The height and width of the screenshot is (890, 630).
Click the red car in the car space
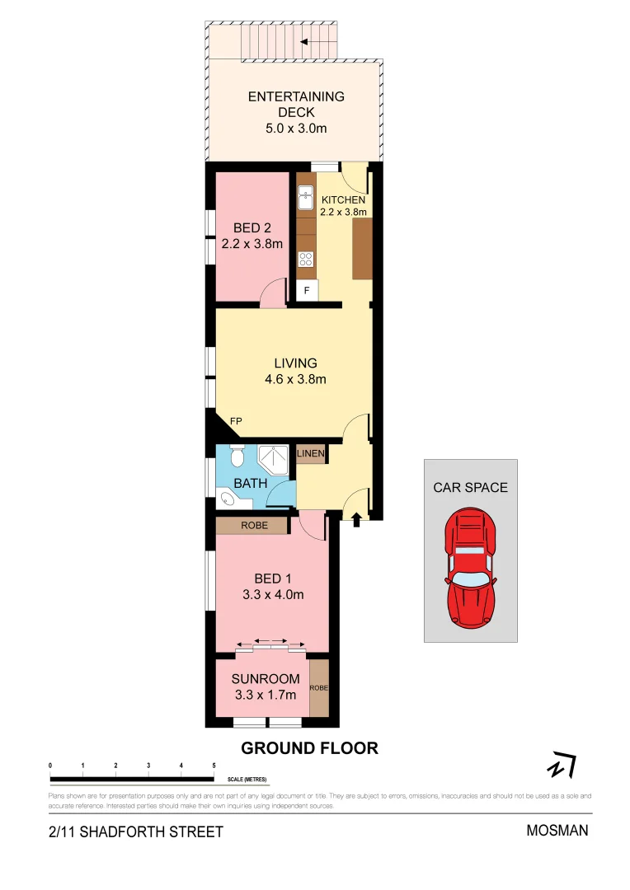[x=470, y=568]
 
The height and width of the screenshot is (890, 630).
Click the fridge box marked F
[x=307, y=291]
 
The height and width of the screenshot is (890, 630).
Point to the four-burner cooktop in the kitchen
[x=306, y=259]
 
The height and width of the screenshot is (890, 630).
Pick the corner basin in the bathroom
[x=227, y=498]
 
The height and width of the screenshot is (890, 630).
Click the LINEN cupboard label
[x=311, y=454]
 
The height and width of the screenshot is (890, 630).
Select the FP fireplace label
[x=236, y=421]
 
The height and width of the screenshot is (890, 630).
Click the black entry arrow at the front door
[x=356, y=519]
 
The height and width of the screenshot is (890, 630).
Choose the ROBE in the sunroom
[x=318, y=687]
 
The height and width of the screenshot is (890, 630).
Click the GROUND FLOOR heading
[x=309, y=748]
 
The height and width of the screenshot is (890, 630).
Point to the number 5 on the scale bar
[x=214, y=766]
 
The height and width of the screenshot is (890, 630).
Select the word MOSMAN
[x=557, y=830]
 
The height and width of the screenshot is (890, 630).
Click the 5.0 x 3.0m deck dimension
[x=295, y=129]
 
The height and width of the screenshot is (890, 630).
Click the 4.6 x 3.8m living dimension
[x=295, y=380]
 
